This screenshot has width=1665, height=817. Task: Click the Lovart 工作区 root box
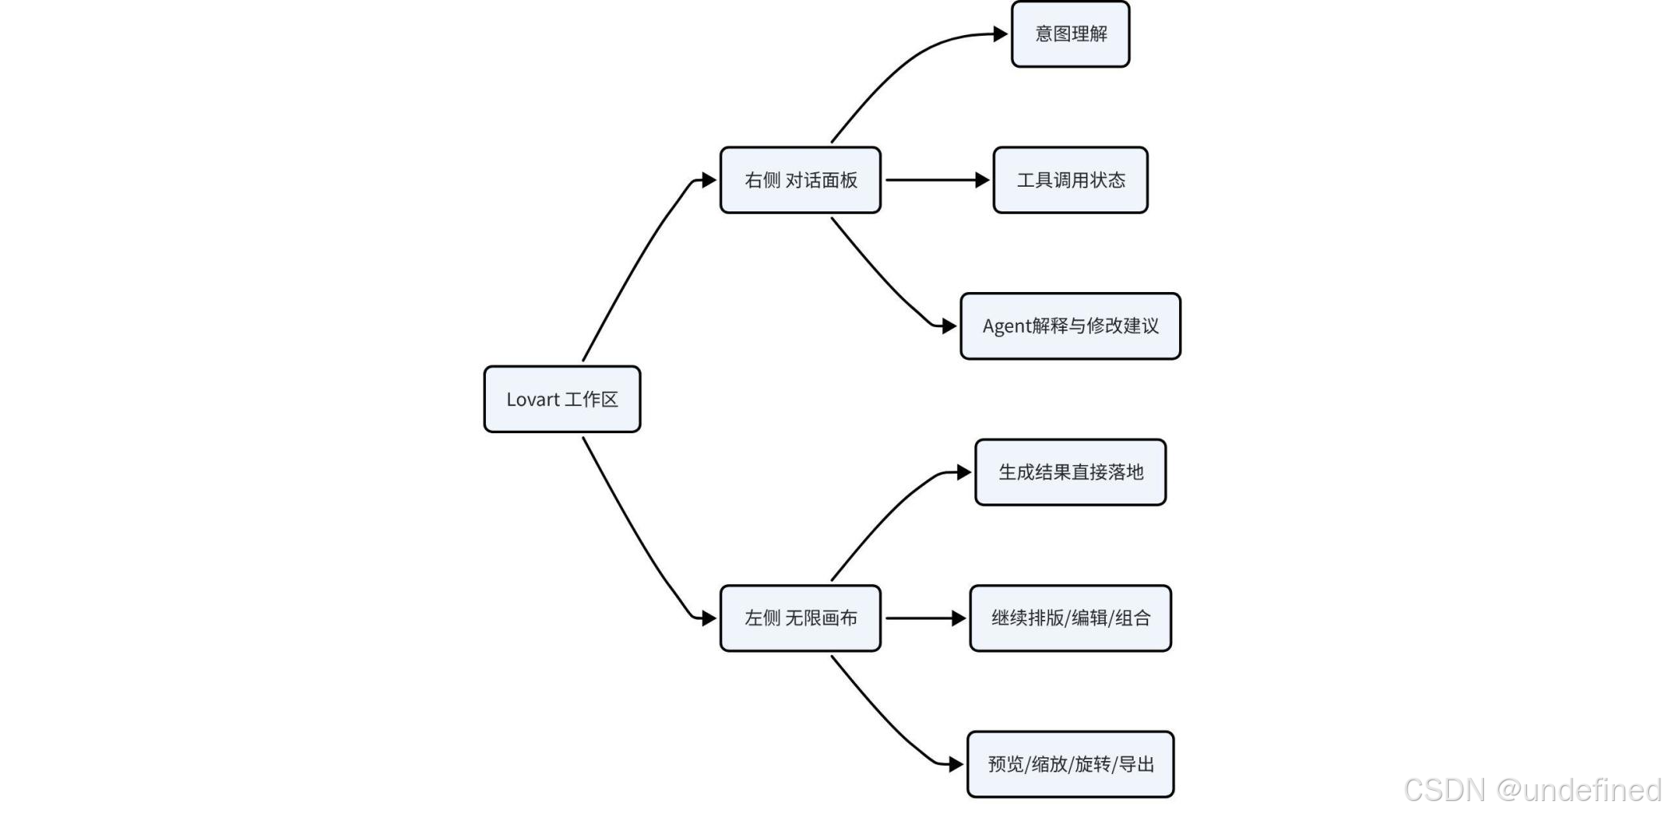pos(562,399)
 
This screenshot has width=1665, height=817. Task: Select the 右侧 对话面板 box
pos(800,180)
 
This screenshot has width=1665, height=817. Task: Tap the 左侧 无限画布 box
pos(800,618)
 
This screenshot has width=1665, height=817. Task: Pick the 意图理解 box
pos(1071,34)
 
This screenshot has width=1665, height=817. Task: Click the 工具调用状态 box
pos(1071,180)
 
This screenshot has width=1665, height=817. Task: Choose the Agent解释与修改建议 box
pos(1071,326)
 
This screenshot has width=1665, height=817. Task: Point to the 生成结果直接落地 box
pos(1071,472)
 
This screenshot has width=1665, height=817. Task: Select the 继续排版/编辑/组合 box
pos(1071,618)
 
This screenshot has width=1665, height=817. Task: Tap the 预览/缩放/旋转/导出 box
pos(1071,764)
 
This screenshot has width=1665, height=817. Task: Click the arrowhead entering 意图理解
pos(1000,34)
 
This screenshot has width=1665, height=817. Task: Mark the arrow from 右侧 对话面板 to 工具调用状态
pos(937,180)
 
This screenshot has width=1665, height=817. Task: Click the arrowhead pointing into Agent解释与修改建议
pos(949,326)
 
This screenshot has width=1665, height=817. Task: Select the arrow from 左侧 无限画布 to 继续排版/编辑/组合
pos(926,618)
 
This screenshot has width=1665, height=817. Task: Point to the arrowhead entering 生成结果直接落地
pos(965,472)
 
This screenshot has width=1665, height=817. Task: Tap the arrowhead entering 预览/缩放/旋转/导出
pos(956,764)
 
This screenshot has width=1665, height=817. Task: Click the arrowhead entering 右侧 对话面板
pos(709,180)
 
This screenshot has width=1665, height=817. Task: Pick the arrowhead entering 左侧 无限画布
pos(709,618)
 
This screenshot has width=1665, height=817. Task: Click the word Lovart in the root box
pos(532,400)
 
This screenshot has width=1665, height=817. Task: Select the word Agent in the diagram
pos(1006,326)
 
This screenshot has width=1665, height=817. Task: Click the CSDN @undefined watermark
pos(1533,790)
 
